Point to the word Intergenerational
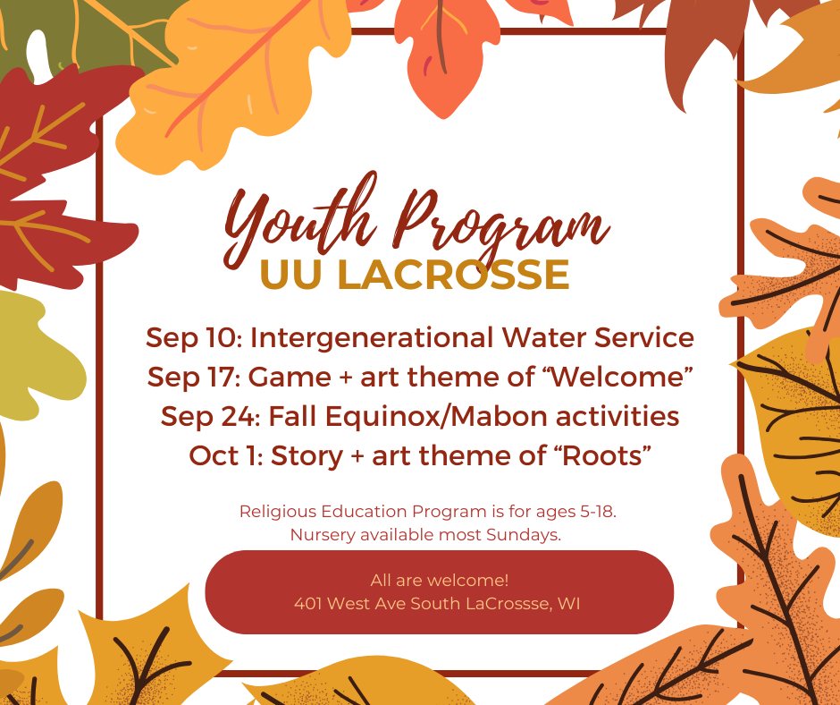coord(372,338)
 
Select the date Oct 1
coord(225,455)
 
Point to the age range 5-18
coord(599,512)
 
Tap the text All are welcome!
coord(440,580)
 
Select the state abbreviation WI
coord(569,604)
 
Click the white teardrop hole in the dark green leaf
coord(38,55)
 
